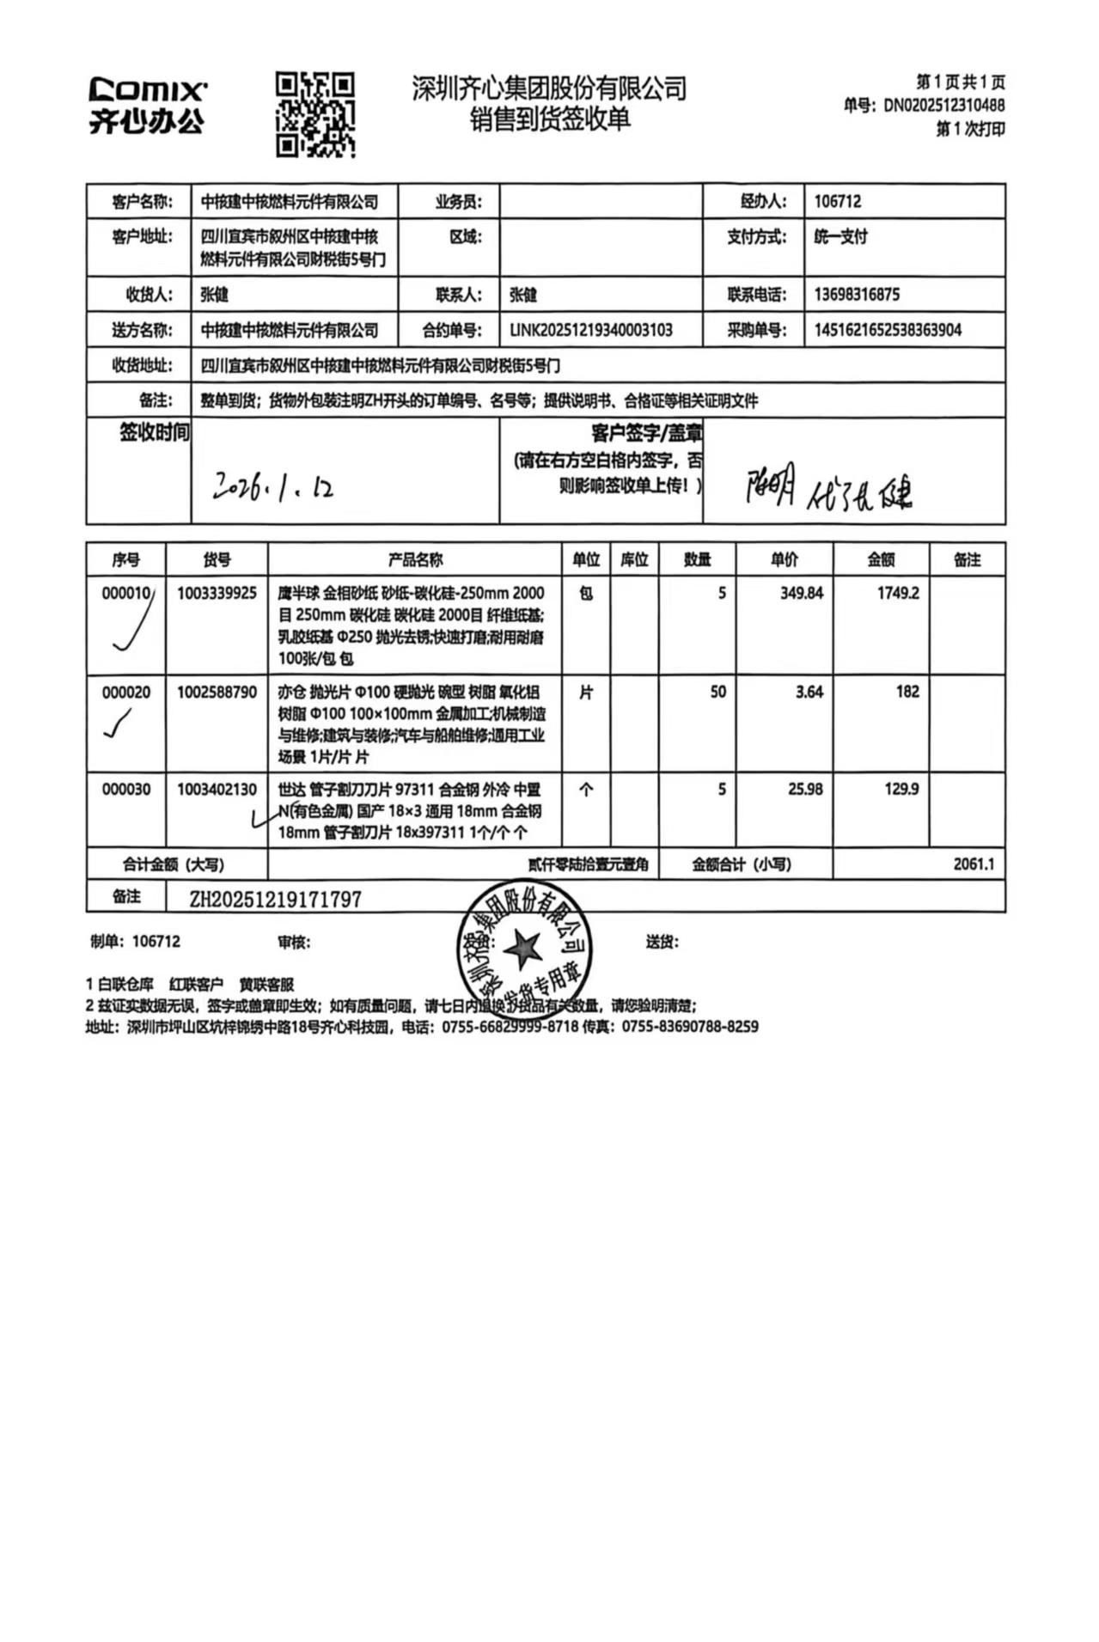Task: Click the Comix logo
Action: [x=147, y=105]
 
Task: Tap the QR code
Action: [x=314, y=114]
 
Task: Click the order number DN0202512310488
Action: [x=943, y=106]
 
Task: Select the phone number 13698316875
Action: [x=857, y=295]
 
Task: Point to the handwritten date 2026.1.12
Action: [x=273, y=487]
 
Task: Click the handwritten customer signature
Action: [x=828, y=488]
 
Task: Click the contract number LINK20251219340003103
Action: [x=591, y=330]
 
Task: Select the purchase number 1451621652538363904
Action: [x=888, y=330]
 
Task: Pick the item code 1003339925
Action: [x=217, y=593]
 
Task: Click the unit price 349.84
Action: [x=801, y=593]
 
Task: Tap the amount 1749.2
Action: [x=898, y=593]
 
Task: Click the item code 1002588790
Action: [x=217, y=692]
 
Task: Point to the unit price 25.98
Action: [x=804, y=789]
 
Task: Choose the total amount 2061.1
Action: [x=973, y=864]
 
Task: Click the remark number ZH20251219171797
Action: [x=275, y=899]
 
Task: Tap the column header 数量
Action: [x=697, y=560]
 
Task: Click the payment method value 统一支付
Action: [x=840, y=236]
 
